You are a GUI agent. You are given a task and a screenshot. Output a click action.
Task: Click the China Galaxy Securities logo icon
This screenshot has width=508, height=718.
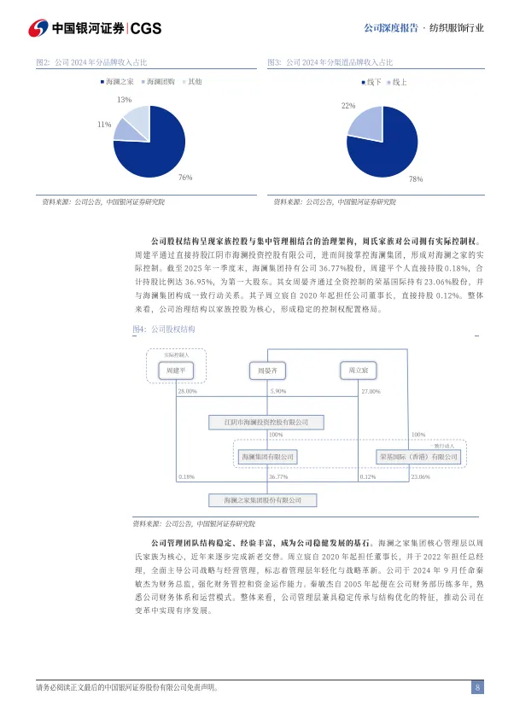point(38,28)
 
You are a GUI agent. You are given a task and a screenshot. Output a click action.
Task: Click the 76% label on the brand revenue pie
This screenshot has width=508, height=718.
point(184,177)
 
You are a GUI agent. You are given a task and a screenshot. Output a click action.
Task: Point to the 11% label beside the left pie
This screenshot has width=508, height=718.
point(104,125)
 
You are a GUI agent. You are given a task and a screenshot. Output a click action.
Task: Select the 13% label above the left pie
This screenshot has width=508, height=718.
point(124,100)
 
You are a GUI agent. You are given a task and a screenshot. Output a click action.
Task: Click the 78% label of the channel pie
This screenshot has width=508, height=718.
point(416,179)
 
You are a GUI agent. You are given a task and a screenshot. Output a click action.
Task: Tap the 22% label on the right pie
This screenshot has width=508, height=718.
point(348,106)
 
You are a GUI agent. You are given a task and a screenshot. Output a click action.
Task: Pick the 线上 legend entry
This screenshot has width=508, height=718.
point(397,81)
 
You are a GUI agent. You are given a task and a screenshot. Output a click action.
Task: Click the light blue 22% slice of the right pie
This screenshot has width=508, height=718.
point(365,125)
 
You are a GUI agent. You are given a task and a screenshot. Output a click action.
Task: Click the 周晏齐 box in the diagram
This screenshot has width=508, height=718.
point(267,371)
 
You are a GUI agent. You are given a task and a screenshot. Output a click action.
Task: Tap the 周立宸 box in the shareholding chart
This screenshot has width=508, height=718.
point(353,371)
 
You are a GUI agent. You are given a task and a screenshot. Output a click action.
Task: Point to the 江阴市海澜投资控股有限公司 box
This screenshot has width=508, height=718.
point(266,422)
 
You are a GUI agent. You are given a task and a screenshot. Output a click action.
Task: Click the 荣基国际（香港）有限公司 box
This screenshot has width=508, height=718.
point(418,457)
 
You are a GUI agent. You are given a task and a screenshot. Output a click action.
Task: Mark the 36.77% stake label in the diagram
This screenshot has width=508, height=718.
point(278,477)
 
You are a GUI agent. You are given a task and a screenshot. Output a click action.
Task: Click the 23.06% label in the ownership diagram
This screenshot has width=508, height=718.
point(420,477)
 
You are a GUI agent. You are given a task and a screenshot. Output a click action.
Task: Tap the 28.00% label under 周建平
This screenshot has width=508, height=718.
point(187,391)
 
